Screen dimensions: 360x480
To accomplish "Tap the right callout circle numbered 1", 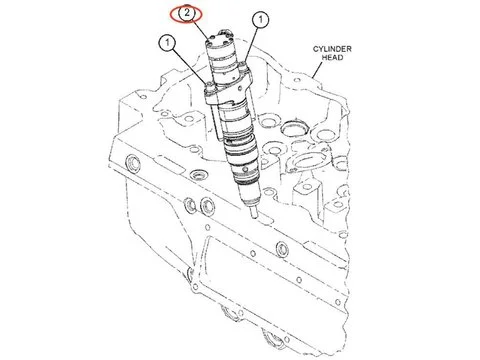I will click(x=260, y=20).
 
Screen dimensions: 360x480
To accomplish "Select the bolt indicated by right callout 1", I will click(x=245, y=67).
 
